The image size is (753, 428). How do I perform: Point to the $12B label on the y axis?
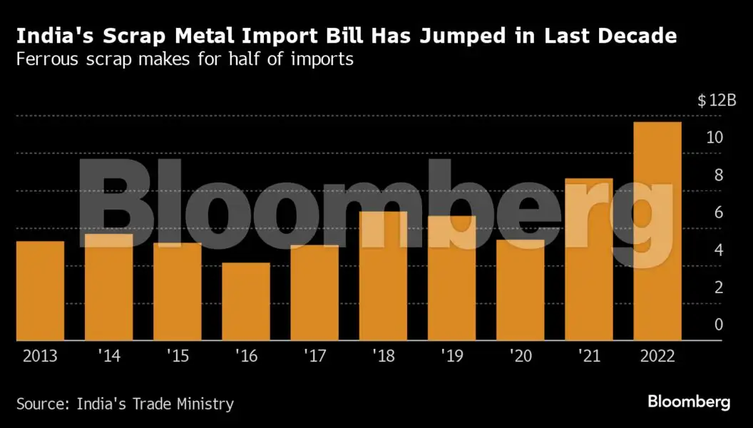click(x=716, y=100)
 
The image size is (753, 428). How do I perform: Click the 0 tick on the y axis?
click(x=719, y=325)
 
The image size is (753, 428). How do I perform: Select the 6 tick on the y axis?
click(x=719, y=213)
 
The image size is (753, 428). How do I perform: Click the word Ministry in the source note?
click(x=203, y=404)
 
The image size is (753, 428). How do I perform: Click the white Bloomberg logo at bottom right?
click(x=689, y=402)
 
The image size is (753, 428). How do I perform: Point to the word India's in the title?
click(x=50, y=36)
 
